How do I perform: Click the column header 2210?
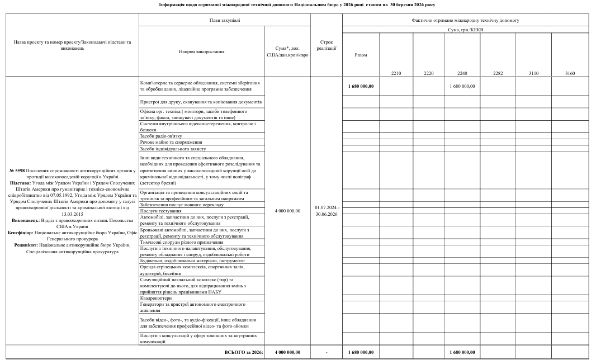click(396, 73)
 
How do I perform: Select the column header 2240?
click(462, 73)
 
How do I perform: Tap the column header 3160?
click(570, 73)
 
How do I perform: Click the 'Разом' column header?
click(361, 55)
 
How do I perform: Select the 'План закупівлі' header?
click(224, 20)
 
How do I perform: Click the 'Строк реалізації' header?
click(327, 45)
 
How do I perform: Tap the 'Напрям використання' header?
click(202, 51)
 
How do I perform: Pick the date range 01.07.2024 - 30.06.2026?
click(327, 211)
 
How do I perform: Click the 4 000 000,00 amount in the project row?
click(288, 211)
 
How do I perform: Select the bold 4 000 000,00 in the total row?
click(288, 352)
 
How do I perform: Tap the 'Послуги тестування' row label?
click(161, 211)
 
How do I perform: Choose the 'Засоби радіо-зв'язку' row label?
click(162, 136)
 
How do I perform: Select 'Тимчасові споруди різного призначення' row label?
click(182, 242)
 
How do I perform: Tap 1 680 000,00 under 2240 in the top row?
click(462, 86)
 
